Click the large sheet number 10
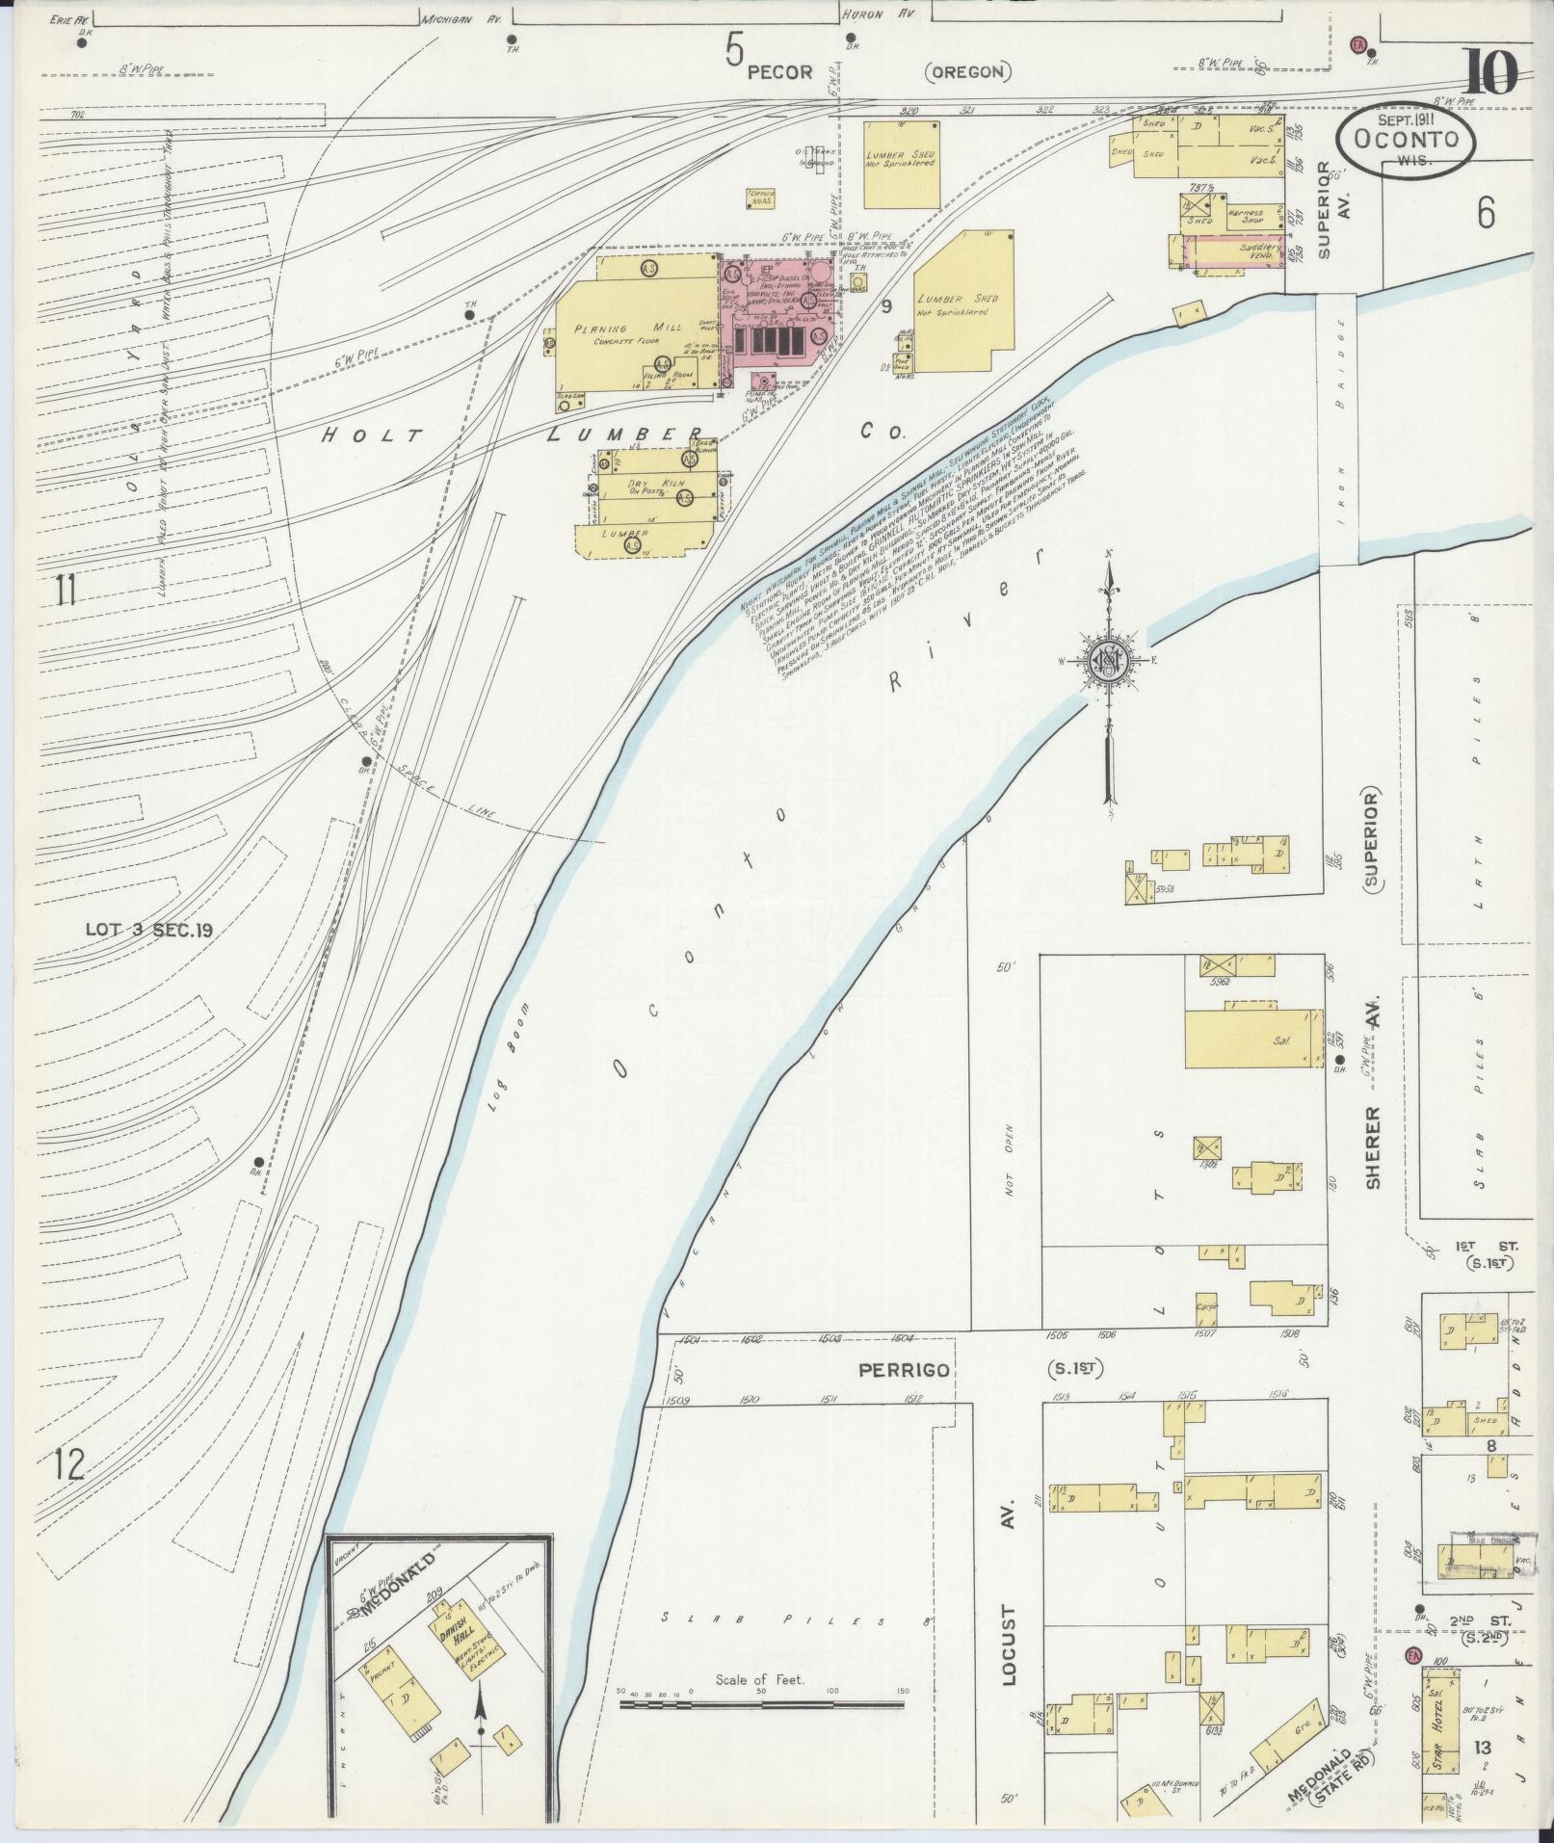1490,73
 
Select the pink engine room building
780,318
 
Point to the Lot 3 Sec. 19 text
148,930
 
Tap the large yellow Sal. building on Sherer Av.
1251,1039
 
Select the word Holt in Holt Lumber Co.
372,434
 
